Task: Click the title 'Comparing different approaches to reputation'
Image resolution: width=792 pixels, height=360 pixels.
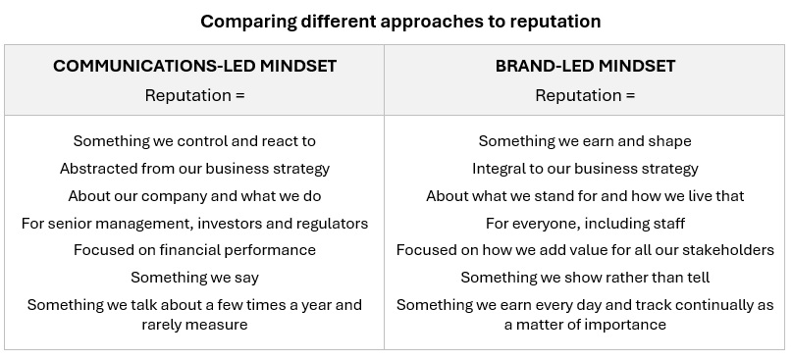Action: (x=400, y=22)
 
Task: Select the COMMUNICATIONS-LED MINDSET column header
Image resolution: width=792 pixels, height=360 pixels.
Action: (x=194, y=66)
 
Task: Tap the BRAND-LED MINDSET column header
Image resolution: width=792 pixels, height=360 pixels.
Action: (x=585, y=66)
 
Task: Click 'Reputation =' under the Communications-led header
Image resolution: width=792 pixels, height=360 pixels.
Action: (x=194, y=95)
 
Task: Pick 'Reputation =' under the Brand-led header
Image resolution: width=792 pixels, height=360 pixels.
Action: (x=585, y=95)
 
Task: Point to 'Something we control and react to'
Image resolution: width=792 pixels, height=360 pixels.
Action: (x=194, y=141)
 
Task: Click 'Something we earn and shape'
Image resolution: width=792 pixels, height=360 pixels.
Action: (x=585, y=141)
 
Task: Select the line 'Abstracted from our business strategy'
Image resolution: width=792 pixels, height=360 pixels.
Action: (x=194, y=169)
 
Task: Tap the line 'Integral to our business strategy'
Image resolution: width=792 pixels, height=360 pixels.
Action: (x=585, y=169)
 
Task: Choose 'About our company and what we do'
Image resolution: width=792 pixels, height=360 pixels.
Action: (x=194, y=196)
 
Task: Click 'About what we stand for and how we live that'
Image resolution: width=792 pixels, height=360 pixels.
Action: (x=585, y=196)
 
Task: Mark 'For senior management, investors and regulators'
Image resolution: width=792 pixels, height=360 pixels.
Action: (x=194, y=224)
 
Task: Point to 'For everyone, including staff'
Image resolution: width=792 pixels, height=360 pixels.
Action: (x=585, y=224)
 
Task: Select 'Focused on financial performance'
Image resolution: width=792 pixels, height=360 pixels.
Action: (x=194, y=250)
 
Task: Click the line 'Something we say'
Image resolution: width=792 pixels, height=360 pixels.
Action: (x=194, y=278)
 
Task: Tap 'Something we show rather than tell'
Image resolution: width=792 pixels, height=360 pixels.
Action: (x=585, y=278)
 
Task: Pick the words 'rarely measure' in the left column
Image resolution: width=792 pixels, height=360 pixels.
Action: (x=194, y=324)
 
